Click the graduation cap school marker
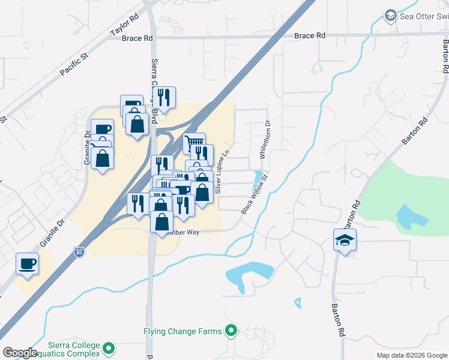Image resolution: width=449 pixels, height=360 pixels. coord(345,240)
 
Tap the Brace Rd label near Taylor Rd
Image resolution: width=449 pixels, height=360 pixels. coord(137,38)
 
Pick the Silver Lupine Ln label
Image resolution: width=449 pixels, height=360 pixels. coord(222,172)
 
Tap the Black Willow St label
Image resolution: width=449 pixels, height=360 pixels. coord(253,194)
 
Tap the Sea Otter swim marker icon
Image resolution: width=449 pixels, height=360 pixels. coord(390,14)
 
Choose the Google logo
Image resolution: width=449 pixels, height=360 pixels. coord(20,353)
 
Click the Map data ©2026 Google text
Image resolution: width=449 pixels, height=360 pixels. coord(412,355)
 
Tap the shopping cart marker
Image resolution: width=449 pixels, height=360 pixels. coord(194,143)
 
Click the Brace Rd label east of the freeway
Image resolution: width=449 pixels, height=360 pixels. coord(309,36)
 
